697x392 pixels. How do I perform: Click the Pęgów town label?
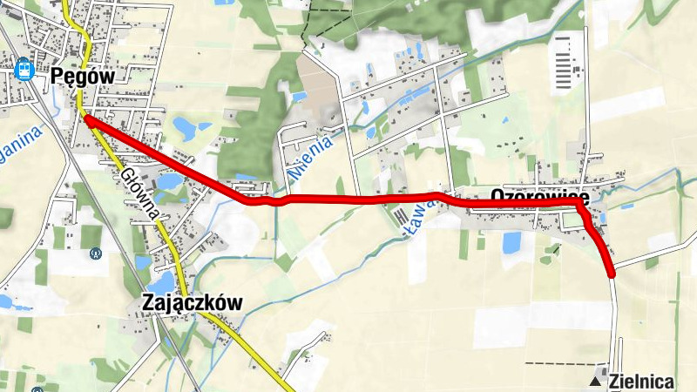click(x=83, y=76)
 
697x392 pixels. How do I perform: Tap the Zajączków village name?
click(x=191, y=302)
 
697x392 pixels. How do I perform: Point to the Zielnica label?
click(x=643, y=381)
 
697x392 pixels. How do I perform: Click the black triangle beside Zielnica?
click(x=596, y=382)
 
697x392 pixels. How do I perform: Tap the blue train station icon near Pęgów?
click(x=24, y=67)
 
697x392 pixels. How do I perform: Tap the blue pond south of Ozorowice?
click(x=511, y=242)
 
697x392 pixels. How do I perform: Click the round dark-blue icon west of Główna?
click(x=95, y=253)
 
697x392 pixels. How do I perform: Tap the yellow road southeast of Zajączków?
click(x=261, y=357)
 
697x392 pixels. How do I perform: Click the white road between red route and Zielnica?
click(x=616, y=322)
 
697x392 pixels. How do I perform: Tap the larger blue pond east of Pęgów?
click(x=186, y=129)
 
